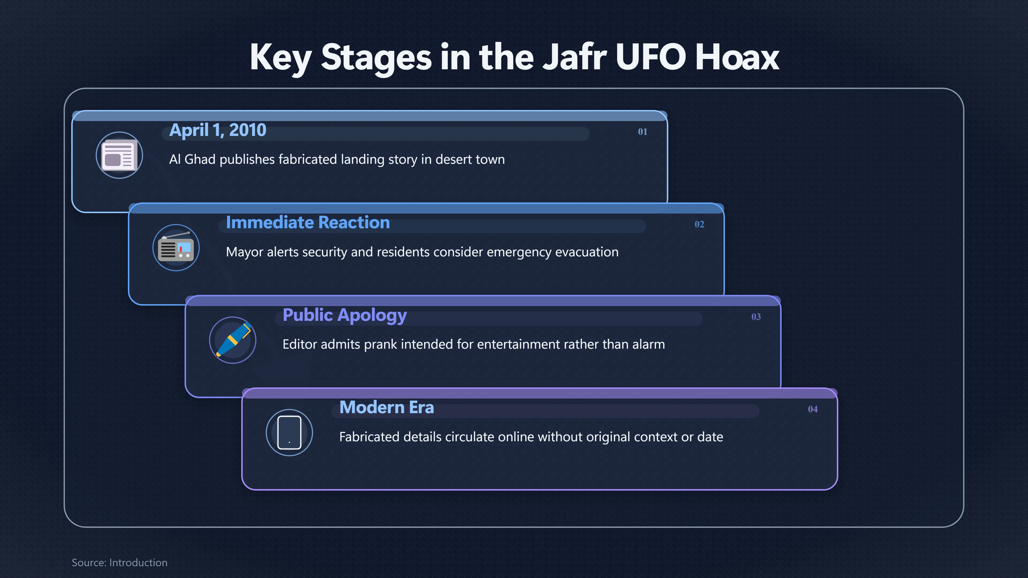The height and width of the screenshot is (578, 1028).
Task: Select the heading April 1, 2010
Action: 217,130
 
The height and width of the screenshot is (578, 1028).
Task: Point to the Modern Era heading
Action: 386,407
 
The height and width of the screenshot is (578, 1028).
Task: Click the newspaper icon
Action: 119,155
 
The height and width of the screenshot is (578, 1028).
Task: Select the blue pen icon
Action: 233,340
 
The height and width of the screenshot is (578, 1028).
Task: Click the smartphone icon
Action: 289,432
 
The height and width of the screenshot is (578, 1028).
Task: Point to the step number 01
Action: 642,132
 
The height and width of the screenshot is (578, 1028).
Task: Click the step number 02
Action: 699,224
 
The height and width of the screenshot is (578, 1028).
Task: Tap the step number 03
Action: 756,317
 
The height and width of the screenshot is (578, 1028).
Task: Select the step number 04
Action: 812,409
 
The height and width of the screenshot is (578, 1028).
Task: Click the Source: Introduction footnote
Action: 119,562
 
